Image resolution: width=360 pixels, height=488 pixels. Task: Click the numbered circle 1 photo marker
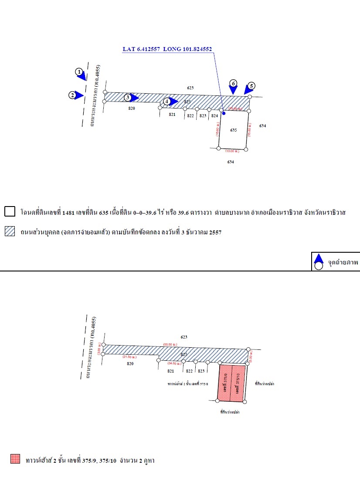[x=79, y=71]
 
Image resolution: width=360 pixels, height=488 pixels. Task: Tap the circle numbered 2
[x=72, y=95]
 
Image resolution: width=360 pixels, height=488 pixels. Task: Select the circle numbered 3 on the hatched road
[x=127, y=98]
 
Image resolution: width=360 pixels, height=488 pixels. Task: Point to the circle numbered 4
[x=166, y=102]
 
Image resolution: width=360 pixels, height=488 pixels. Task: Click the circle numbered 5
[x=251, y=86]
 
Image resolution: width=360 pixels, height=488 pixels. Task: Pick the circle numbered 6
[x=233, y=83]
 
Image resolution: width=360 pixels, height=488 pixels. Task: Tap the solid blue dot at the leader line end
[x=224, y=113]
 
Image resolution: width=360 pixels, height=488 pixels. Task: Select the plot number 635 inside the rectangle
[x=234, y=130]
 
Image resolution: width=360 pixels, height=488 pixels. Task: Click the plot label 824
[x=214, y=116]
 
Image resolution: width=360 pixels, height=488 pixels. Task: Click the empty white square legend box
[x=10, y=212]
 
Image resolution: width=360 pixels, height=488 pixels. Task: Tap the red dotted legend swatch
[x=15, y=459]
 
